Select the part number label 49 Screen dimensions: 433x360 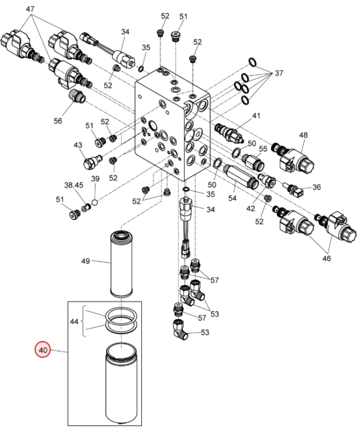click(x=85, y=261)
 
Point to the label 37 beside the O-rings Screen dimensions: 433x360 click(x=279, y=74)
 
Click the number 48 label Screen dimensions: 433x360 click(x=303, y=135)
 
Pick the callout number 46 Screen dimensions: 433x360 click(x=327, y=259)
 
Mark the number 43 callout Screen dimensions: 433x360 click(x=78, y=145)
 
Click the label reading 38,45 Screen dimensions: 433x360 click(x=74, y=185)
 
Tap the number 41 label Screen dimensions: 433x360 click(x=256, y=115)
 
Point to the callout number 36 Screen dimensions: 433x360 click(x=316, y=187)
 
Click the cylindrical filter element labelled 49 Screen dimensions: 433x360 click(x=122, y=263)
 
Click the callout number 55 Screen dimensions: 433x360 click(x=263, y=149)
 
